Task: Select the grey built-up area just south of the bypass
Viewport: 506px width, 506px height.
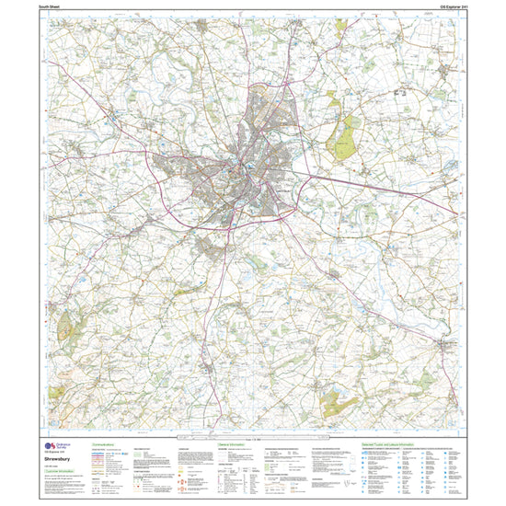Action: pos(209,247)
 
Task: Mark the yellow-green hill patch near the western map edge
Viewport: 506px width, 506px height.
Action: pos(64,326)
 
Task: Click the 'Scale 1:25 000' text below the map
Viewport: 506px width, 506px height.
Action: pos(253,438)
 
